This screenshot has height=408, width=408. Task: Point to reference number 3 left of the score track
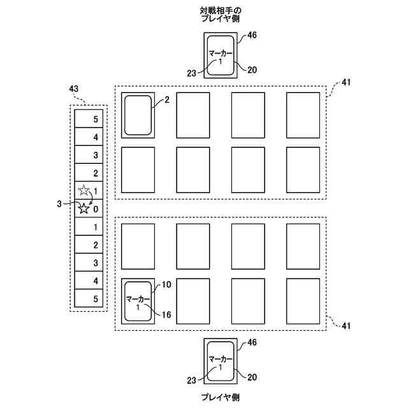59,204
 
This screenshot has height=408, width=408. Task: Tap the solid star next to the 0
84,208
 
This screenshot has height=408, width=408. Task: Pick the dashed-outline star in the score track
84,191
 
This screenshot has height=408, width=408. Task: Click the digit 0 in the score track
96,208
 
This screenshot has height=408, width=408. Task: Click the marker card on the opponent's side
221,56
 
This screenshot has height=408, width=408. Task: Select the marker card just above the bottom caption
221,361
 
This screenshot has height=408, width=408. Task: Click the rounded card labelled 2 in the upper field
138,115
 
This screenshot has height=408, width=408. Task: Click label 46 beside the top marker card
252,35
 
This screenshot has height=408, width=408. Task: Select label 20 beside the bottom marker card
252,377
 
